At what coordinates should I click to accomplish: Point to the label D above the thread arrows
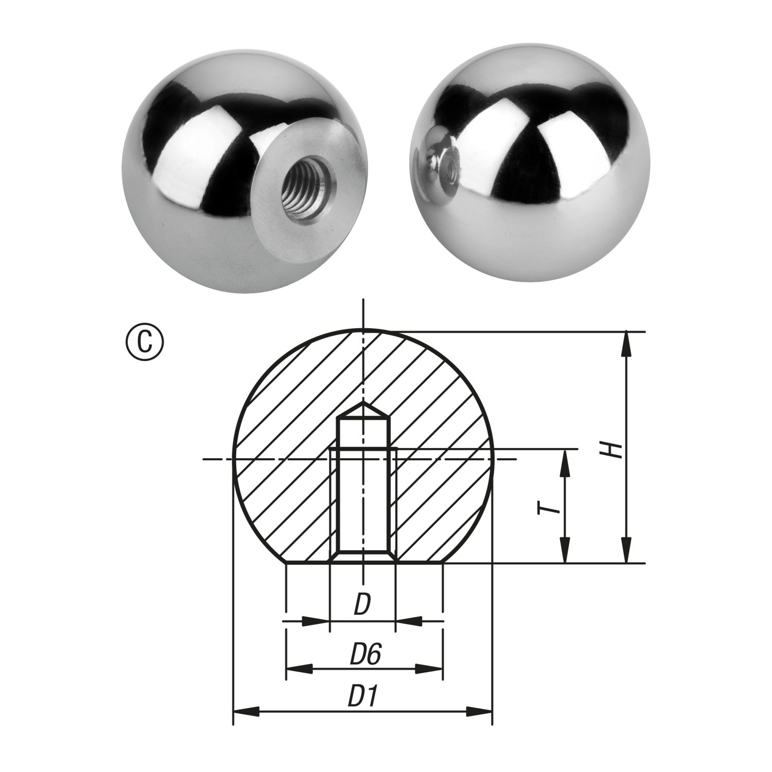[362, 605]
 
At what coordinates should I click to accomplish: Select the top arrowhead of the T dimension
[565, 461]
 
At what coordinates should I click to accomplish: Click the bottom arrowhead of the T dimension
[565, 551]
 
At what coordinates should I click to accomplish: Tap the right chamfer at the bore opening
[393, 558]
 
